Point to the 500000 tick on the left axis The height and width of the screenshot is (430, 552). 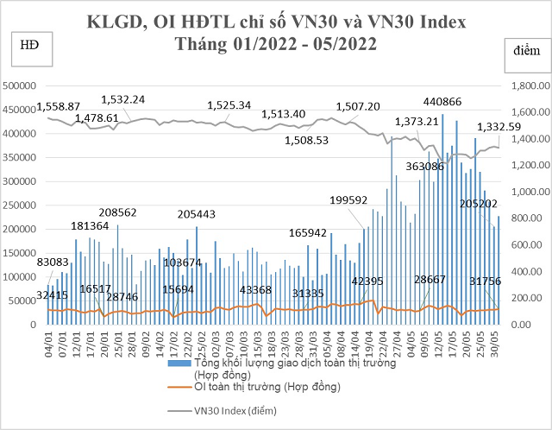click(x=24, y=85)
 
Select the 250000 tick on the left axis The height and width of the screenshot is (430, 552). click(x=24, y=206)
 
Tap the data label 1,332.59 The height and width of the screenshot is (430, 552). click(x=499, y=128)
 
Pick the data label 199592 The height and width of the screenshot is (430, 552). click(x=349, y=200)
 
